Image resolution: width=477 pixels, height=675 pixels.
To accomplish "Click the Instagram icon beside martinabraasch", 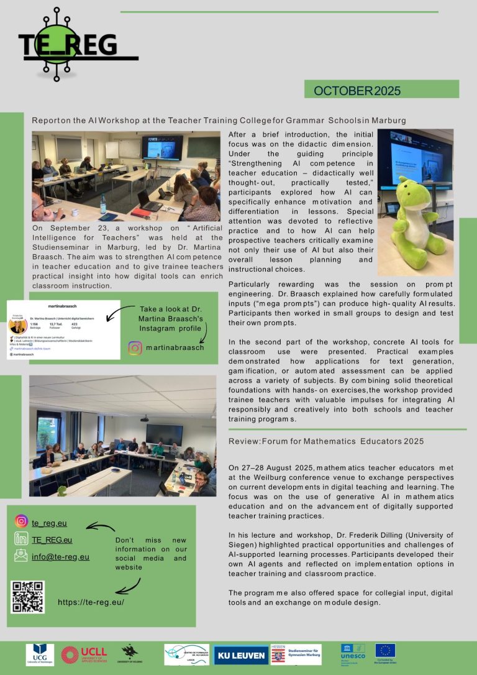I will coord(135,347).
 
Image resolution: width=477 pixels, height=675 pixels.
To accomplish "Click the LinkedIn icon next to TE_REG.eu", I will coord(22,539).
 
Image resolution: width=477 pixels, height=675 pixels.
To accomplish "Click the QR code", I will coord(28,597).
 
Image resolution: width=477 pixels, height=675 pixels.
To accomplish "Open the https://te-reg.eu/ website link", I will coord(91,602).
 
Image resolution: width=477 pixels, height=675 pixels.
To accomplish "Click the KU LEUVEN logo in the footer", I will coord(240,654).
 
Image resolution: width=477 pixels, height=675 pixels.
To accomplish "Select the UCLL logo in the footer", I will coord(79,655).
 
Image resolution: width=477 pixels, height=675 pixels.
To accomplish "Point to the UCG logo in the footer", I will coord(40,655).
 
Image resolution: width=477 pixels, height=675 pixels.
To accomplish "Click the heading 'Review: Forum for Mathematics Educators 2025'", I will coord(326,441).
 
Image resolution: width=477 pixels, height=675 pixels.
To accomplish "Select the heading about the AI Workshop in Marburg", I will coord(219,120).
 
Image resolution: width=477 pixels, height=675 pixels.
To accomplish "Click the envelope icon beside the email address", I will coord(22,556).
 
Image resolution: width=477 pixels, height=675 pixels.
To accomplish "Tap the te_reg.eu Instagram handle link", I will coord(49,523).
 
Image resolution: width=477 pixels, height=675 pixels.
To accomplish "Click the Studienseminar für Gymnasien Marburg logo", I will coord(296,654).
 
